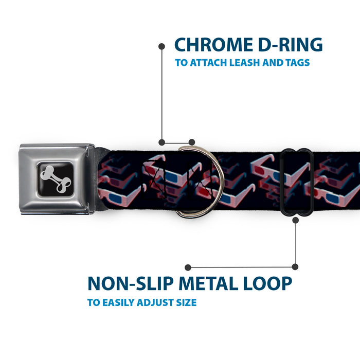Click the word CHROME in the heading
[213, 45]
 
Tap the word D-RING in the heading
[291, 45]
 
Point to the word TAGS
[298, 63]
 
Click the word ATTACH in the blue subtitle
[208, 63]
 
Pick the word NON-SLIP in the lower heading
[131, 283]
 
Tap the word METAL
[208, 283]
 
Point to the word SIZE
[186, 302]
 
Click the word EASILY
[118, 302]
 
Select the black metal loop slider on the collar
[296, 182]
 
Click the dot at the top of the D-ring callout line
[161, 46]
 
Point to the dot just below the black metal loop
[296, 221]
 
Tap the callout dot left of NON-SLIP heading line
[188, 267]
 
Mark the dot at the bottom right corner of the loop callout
[295, 267]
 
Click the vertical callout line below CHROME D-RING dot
[162, 94]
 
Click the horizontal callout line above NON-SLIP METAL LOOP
[242, 267]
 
